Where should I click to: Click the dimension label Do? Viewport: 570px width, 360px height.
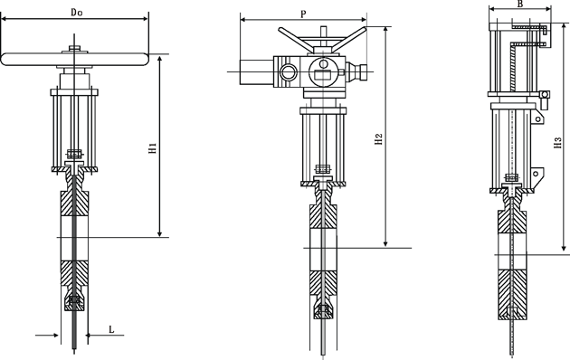[76, 13]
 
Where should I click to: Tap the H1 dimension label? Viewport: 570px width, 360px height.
[153, 147]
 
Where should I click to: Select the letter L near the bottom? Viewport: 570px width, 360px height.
[111, 329]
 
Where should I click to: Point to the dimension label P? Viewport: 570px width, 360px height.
[303, 14]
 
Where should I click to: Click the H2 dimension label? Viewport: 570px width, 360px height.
[379, 139]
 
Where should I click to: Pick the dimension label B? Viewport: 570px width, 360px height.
[520, 4]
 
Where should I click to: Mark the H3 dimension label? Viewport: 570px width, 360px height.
[557, 142]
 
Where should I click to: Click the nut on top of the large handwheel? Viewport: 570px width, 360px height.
[74, 48]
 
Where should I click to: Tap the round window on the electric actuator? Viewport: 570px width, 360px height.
[288, 72]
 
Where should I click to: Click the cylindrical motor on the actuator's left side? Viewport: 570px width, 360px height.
[256, 72]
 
